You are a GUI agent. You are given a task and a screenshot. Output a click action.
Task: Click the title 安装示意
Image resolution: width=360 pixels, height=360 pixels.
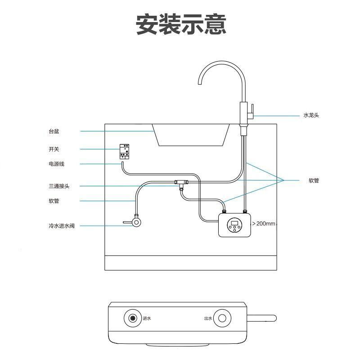click(181, 24)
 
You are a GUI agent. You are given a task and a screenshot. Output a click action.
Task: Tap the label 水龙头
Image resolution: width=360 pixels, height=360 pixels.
click(311, 116)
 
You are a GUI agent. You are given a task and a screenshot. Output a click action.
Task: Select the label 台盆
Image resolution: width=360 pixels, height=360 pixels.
click(54, 131)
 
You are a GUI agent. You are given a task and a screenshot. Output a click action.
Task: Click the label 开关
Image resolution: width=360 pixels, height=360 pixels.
click(54, 149)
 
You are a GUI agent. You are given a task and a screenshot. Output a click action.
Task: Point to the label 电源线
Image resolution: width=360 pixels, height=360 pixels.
click(57, 164)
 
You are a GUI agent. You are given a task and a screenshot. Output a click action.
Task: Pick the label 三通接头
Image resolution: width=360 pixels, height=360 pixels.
click(59, 186)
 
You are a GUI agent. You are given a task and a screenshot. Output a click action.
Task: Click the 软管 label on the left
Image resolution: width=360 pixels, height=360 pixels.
click(54, 201)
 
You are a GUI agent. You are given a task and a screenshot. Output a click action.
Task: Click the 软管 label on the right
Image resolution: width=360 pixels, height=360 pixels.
click(314, 180)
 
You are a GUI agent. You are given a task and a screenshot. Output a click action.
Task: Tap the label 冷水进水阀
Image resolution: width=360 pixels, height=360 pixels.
click(62, 225)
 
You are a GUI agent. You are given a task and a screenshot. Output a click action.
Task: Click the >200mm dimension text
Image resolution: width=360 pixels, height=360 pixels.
click(263, 223)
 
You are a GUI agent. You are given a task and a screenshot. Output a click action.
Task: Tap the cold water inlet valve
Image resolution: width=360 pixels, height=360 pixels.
click(135, 221)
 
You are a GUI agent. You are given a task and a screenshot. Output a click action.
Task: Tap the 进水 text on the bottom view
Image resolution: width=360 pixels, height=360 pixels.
click(147, 319)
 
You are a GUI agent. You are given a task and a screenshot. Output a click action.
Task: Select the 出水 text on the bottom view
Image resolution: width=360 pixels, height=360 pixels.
click(207, 319)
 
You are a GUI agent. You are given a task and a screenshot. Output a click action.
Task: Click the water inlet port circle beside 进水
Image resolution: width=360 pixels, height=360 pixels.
click(132, 318)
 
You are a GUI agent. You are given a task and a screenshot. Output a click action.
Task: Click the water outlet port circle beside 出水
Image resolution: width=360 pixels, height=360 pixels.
click(222, 318)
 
